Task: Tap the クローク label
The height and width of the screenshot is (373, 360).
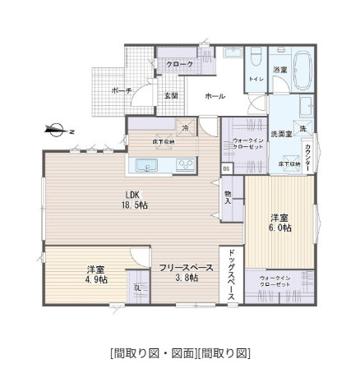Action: [179, 64]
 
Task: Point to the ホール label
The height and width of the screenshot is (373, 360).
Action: [215, 95]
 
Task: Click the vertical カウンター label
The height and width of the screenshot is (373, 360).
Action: [307, 154]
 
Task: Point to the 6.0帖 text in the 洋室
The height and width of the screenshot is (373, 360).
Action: [279, 228]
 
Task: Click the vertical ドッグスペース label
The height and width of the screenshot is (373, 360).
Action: [233, 275]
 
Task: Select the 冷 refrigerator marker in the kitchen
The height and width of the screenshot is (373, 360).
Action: [186, 127]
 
